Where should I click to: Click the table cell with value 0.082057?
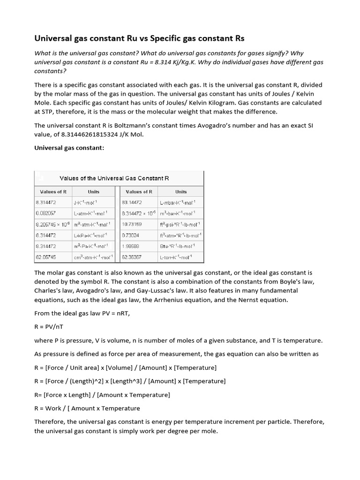point(45,213)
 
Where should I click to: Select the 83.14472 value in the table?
point(132,202)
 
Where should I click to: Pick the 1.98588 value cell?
point(131,246)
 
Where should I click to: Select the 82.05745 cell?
point(46,257)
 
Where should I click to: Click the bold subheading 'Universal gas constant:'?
point(64,148)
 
